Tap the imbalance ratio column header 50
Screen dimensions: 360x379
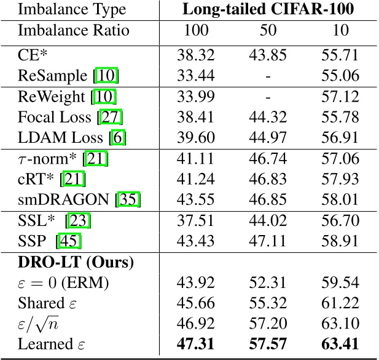(x=265, y=30)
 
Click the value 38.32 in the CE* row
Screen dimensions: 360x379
(x=195, y=56)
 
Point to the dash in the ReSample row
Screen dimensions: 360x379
(x=265, y=76)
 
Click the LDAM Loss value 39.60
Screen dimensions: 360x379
(x=195, y=137)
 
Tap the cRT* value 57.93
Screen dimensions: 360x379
(x=338, y=179)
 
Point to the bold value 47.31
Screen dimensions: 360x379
(x=195, y=346)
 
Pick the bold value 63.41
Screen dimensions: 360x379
(x=338, y=346)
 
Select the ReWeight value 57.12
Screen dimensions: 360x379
(x=338, y=96)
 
